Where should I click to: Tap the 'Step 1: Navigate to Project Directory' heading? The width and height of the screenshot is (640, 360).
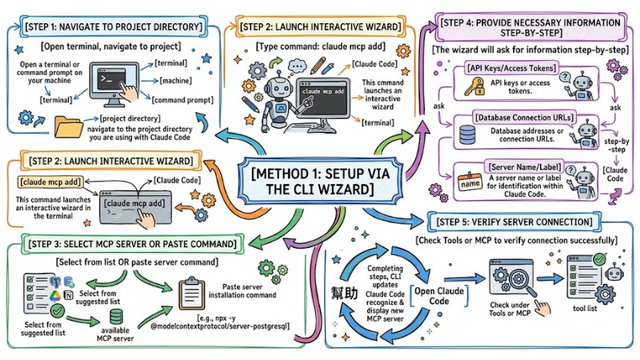tap(111, 26)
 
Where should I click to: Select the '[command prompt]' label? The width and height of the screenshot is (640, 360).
tap(186, 101)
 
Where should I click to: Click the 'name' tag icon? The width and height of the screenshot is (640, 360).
tap(468, 185)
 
